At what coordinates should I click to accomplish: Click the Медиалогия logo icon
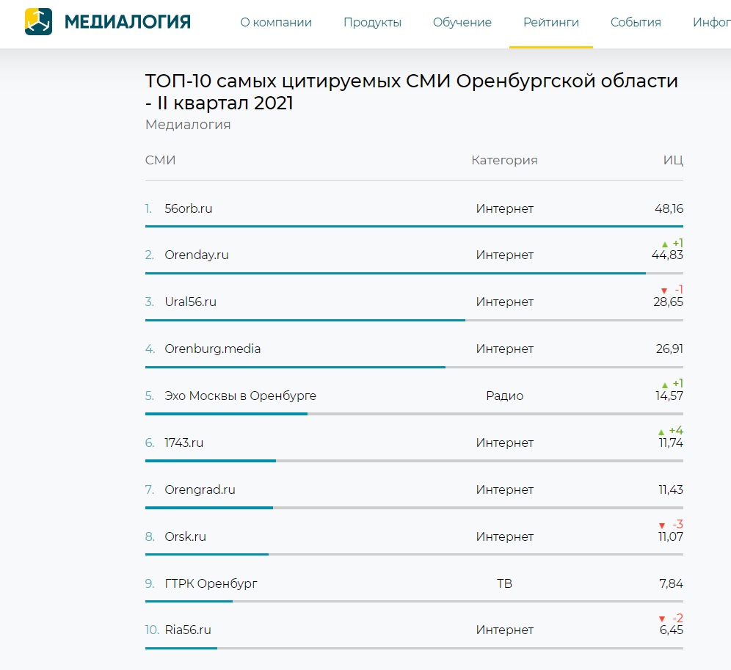39,22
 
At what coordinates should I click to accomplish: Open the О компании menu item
276,23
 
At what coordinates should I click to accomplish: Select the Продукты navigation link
372,23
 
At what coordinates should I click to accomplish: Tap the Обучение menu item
462,23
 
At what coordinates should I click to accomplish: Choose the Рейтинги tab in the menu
551,23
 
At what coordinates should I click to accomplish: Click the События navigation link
636,23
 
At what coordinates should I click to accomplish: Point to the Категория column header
504,160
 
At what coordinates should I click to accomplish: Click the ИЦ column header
673,160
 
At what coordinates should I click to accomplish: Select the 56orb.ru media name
189,208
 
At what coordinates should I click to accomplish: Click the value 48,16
669,208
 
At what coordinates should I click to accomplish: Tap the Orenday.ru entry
197,255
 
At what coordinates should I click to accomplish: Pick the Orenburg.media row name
213,349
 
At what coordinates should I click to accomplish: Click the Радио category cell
504,396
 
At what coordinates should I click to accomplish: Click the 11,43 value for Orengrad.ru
671,489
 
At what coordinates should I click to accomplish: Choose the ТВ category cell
504,583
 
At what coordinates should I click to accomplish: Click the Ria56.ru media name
188,630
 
